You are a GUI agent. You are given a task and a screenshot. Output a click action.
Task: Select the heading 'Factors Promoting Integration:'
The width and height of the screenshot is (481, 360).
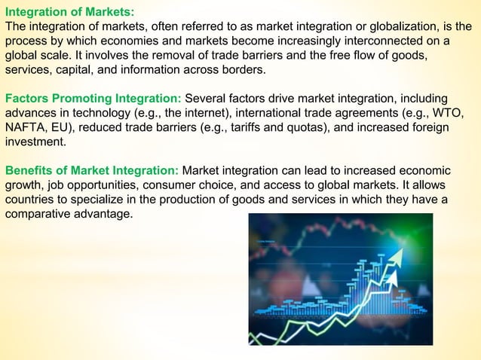coord(93,98)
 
